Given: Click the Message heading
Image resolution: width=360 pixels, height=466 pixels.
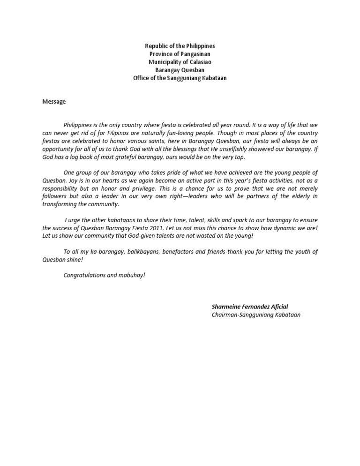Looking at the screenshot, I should coord(54,101).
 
